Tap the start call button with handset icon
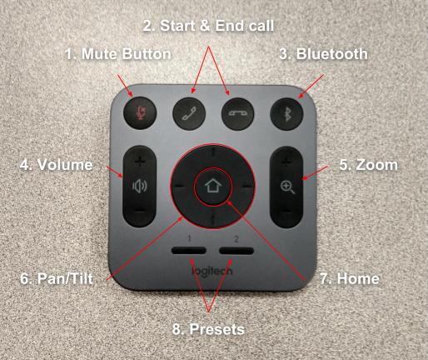(x=189, y=113)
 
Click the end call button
(x=237, y=114)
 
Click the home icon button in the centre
(x=212, y=187)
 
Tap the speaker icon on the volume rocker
(x=140, y=186)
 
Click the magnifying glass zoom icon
(x=287, y=187)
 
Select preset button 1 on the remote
(x=189, y=251)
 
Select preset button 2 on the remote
(x=236, y=251)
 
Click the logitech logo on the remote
(x=212, y=271)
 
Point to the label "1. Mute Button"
(x=118, y=54)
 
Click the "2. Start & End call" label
(x=208, y=26)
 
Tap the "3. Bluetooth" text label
(x=323, y=54)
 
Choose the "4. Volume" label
(x=57, y=165)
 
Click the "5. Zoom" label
(x=369, y=165)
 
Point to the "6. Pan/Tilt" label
(x=57, y=278)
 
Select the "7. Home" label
(x=350, y=278)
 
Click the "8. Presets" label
(x=208, y=329)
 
